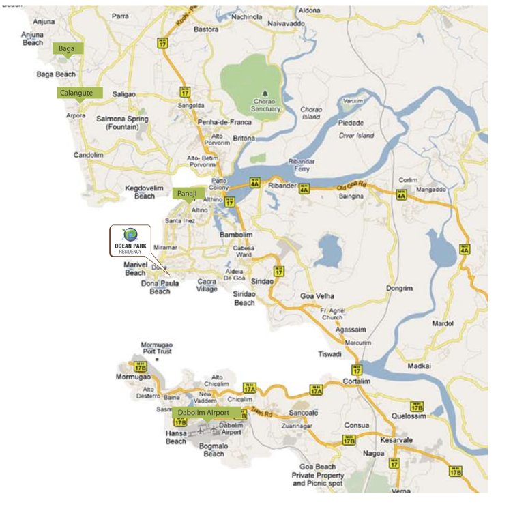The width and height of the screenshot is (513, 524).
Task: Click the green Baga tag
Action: pyautogui.click(x=68, y=48)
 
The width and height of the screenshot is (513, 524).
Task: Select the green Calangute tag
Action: pyautogui.click(x=80, y=93)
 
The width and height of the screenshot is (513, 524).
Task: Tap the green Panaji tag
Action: pyautogui.click(x=188, y=194)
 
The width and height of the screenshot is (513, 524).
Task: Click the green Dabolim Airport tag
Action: pyautogui.click(x=209, y=413)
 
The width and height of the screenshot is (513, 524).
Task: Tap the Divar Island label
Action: pyautogui.click(x=357, y=135)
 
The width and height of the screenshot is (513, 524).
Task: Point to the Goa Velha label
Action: pyautogui.click(x=317, y=296)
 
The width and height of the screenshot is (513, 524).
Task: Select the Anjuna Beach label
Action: pyautogui.click(x=33, y=38)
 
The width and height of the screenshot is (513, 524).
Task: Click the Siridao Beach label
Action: pyautogui.click(x=244, y=298)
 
